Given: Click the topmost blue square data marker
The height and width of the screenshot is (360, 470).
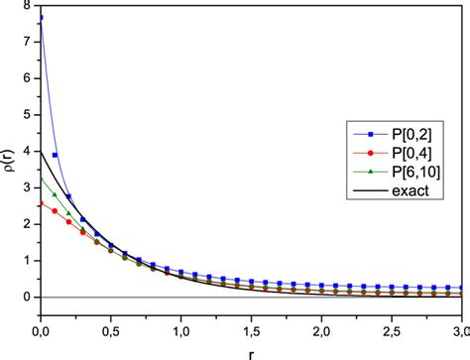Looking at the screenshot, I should [x=41, y=19].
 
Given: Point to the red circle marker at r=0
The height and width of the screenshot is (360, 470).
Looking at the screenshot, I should [x=41, y=204].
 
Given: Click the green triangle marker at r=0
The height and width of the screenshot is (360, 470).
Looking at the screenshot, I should [x=41, y=180].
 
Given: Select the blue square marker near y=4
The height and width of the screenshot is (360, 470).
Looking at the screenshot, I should [x=55, y=156].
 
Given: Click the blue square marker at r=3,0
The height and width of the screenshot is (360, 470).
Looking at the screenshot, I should [x=462, y=287].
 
